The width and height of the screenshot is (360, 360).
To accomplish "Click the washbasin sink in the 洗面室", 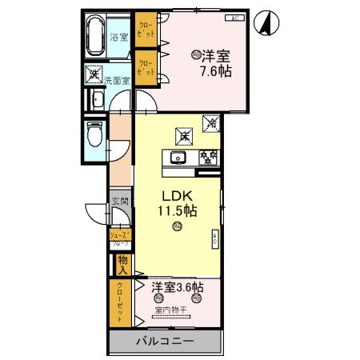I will tap(96, 100).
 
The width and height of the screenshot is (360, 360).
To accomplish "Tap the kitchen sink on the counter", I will tap(177, 157).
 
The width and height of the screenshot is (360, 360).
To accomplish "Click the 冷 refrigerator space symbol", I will tap(212, 124).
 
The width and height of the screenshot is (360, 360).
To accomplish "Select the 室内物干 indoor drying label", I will tap(170, 310).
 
